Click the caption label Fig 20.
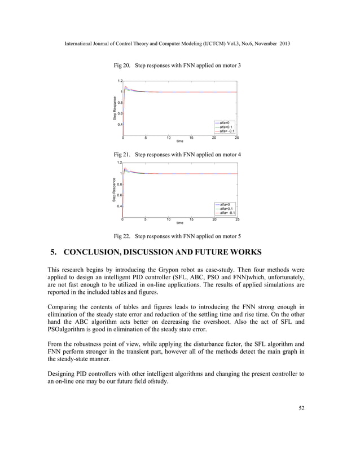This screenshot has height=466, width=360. [123, 66]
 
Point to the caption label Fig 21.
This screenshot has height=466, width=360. [123, 154]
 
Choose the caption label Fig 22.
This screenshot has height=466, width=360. [123, 236]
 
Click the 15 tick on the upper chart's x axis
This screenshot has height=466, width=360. [191, 138]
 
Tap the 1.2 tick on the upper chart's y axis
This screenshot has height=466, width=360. [120, 81]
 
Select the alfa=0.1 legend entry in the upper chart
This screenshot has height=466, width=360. [227, 127]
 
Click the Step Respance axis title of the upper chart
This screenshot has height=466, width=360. [114, 108]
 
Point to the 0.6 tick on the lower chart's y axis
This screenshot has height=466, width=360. [120, 195]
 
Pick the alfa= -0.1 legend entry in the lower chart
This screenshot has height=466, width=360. [227, 213]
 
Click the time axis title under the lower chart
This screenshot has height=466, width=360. [179, 223]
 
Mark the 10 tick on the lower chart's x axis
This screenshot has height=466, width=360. [169, 219]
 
